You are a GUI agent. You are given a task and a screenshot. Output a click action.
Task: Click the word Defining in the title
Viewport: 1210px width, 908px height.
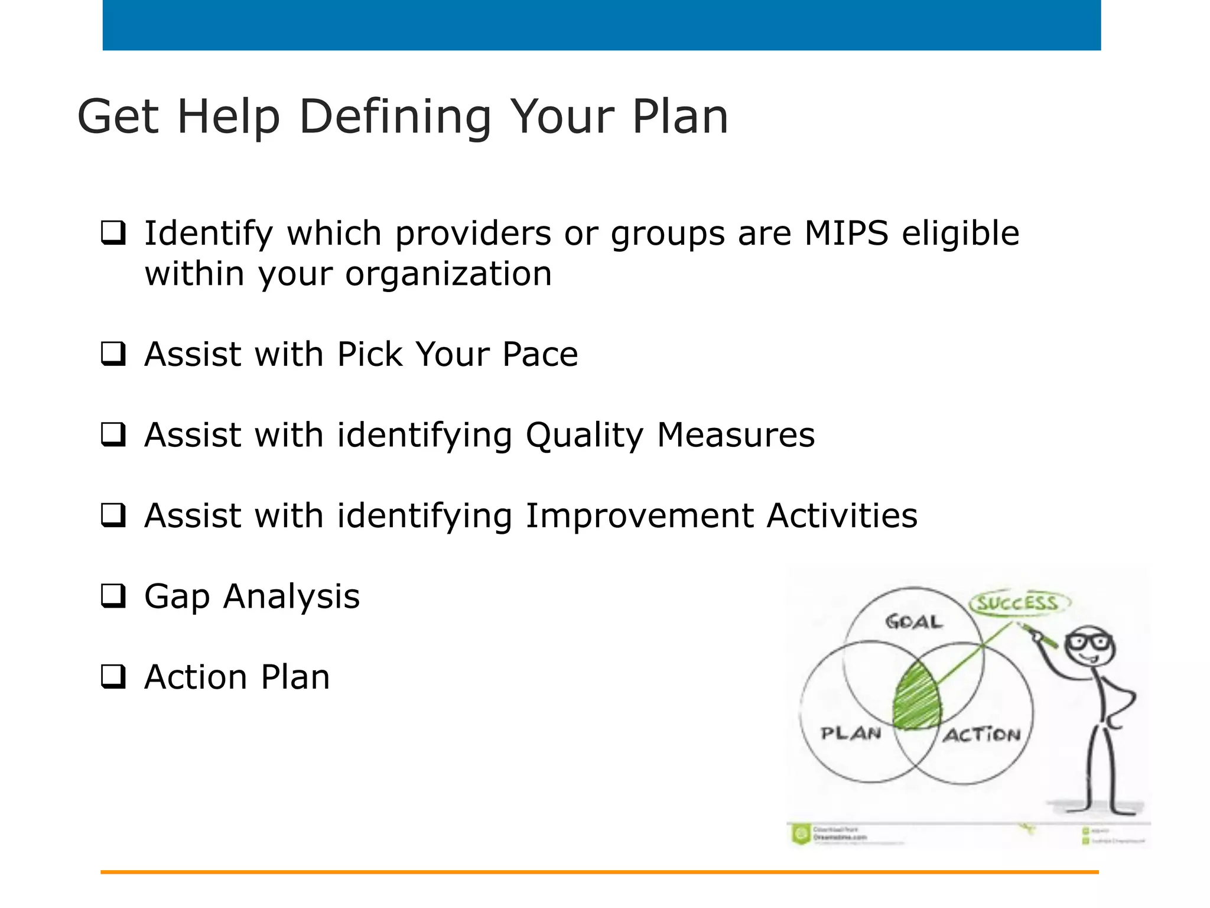point(395,117)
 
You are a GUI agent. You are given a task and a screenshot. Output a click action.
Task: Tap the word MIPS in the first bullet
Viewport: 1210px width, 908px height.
point(846,233)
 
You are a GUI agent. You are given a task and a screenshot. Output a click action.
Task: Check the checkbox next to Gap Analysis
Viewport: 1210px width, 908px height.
point(113,596)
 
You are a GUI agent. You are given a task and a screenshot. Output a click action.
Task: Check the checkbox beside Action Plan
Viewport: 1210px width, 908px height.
point(113,677)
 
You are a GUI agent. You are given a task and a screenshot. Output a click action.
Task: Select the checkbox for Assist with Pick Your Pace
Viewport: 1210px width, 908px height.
point(113,354)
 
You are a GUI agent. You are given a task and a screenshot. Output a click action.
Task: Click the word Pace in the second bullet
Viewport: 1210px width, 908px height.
point(539,354)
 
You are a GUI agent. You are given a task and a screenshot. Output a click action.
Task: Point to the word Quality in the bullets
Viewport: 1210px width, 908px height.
point(584,436)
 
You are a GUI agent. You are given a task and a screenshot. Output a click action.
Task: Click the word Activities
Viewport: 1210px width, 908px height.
point(842,515)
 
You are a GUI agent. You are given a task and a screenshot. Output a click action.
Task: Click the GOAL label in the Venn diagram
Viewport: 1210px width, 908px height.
point(913,622)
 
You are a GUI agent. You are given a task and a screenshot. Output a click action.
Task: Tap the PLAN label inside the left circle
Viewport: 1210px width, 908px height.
point(851,734)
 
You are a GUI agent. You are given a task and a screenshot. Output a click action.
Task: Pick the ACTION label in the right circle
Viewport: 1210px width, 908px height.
point(982,735)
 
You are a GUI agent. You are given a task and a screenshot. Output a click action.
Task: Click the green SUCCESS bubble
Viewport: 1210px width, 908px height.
point(1017,604)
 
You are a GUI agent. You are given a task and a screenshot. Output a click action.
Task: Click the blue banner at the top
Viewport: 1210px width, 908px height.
point(601,25)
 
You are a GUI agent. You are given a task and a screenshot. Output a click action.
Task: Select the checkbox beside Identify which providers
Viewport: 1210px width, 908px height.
point(113,233)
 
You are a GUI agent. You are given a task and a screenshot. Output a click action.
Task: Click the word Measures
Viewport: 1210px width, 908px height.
point(736,436)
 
